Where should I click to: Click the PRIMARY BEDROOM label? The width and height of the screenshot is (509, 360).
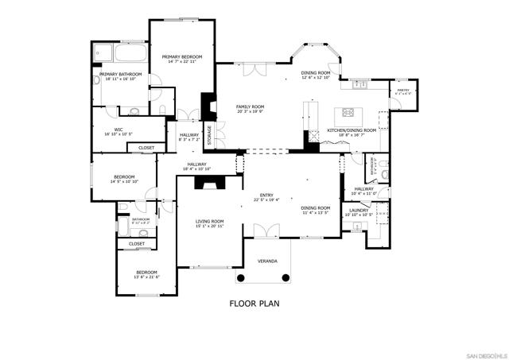click(x=182, y=56)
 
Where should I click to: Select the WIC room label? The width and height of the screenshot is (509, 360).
click(x=118, y=130)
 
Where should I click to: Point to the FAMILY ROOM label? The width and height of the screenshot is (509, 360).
click(x=250, y=106)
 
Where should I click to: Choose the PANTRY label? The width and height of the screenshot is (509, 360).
click(x=402, y=91)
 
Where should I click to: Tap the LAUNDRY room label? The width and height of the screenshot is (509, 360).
click(x=359, y=210)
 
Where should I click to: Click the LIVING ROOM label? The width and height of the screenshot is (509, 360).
click(x=210, y=221)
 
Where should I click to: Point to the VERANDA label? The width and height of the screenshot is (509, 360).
click(x=266, y=261)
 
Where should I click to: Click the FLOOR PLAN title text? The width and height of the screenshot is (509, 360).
click(x=254, y=304)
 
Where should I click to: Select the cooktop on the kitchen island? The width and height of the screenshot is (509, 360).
click(x=348, y=109)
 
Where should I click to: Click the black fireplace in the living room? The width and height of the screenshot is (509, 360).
click(x=212, y=182)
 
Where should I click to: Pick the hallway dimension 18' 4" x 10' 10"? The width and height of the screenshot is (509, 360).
click(x=196, y=169)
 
